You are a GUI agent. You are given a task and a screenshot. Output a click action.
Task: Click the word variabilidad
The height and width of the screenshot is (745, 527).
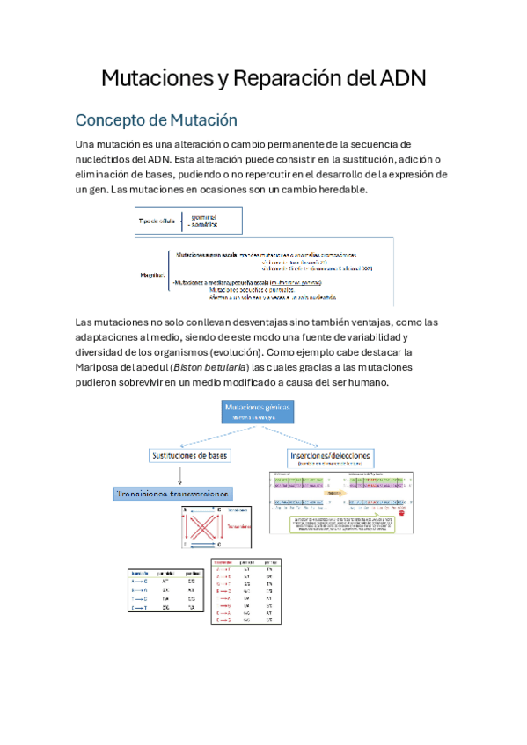pos(368,337)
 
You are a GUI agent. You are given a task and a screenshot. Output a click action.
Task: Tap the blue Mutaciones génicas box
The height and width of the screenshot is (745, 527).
pos(256,412)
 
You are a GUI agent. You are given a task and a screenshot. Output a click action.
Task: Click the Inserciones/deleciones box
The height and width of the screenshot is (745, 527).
pos(330,457)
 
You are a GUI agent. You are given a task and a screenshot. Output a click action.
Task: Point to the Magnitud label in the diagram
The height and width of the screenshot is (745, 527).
pos(153,274)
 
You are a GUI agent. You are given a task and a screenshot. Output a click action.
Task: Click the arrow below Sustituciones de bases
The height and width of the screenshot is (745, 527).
pos(179,474)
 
